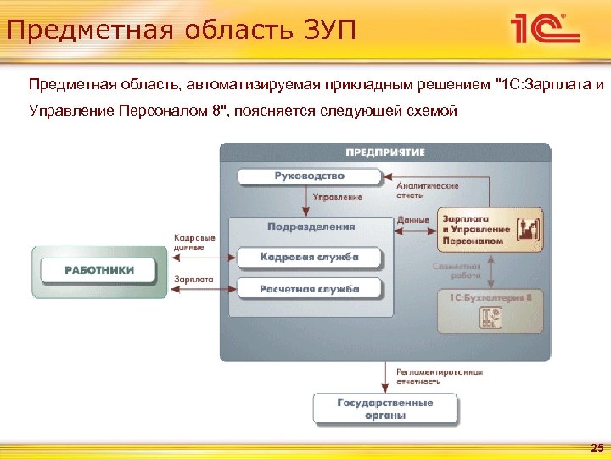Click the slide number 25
tap(596, 448)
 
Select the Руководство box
tap(309, 177)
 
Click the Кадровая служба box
tap(309, 257)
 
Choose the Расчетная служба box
tap(309, 289)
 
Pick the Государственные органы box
tap(384, 409)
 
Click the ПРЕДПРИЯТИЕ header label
tap(385, 153)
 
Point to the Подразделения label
tap(311, 228)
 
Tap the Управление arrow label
tap(337, 197)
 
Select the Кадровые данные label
tap(194, 241)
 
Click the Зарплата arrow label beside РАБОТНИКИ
tap(193, 279)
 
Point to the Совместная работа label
tap(457, 270)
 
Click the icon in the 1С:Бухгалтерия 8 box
tap(491, 317)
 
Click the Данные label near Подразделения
tap(412, 220)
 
